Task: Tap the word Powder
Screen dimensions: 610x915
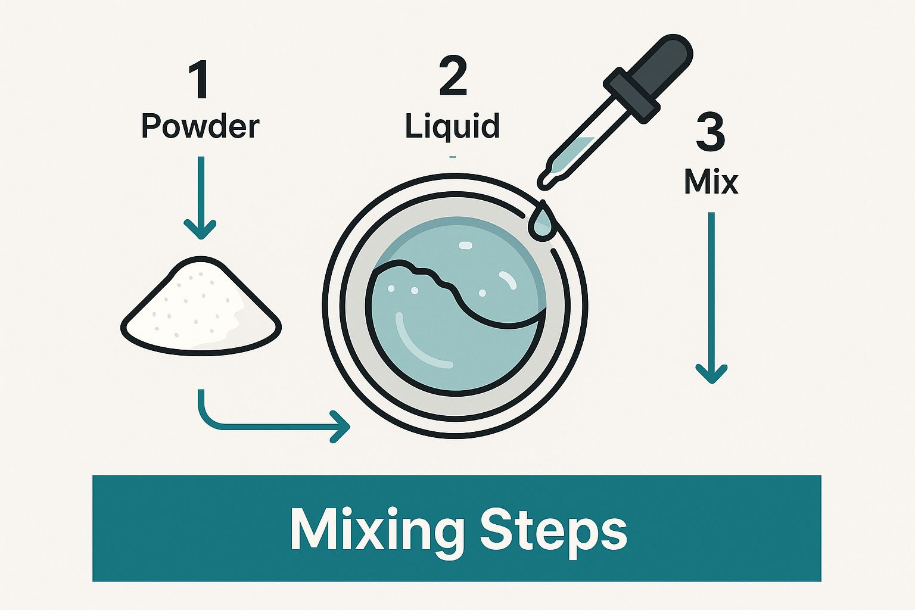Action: pos(200,126)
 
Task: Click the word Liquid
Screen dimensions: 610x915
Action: pos(452,126)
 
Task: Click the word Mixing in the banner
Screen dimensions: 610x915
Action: pos(377,529)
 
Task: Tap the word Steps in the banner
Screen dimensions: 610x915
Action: pos(553,529)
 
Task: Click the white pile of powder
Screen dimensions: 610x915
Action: pos(201,307)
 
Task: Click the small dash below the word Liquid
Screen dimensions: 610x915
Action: pos(453,157)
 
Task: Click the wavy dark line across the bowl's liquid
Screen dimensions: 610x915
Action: pos(453,292)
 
